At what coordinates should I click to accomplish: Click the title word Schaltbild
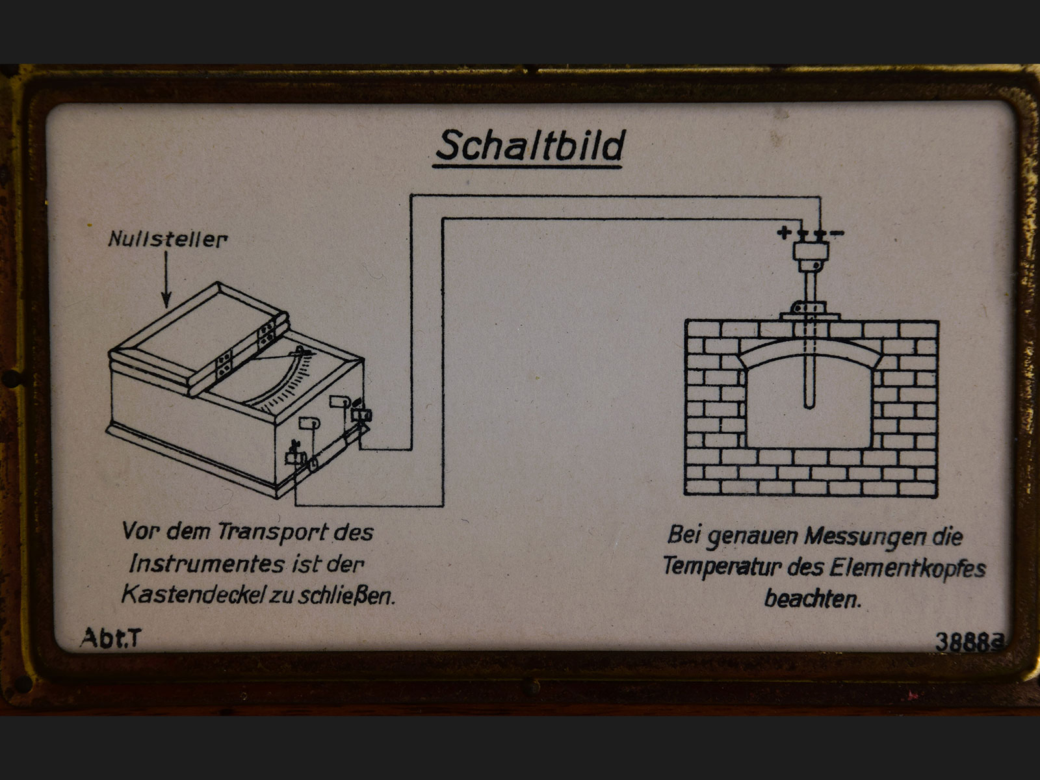[530, 145]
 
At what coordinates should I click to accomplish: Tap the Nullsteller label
[168, 239]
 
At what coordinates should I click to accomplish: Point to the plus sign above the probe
[785, 232]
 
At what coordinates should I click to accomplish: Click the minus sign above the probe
[838, 233]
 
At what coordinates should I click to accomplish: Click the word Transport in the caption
[272, 532]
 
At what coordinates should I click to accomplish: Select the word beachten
[812, 599]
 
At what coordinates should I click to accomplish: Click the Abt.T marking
[110, 638]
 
